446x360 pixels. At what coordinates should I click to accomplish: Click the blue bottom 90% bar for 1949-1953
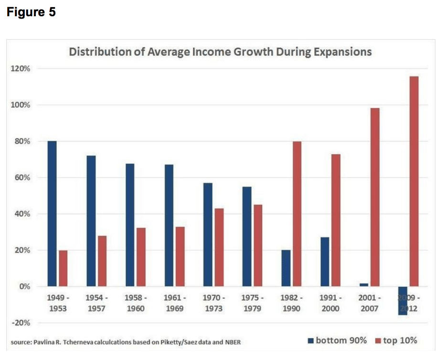tap(52, 214)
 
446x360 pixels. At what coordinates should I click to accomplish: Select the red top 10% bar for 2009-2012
tap(414, 181)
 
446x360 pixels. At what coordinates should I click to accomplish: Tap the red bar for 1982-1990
tap(297, 214)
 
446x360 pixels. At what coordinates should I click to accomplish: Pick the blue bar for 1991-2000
tap(324, 262)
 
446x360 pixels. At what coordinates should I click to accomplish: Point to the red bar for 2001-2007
tap(375, 197)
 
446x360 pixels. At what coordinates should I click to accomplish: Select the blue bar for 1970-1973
tap(208, 234)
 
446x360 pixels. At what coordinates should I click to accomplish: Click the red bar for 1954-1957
tap(102, 261)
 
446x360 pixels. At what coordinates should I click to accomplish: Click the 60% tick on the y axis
tap(21, 178)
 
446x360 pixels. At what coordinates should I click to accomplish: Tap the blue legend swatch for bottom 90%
tap(310, 340)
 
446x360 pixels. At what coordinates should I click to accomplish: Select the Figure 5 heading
tap(31, 12)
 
